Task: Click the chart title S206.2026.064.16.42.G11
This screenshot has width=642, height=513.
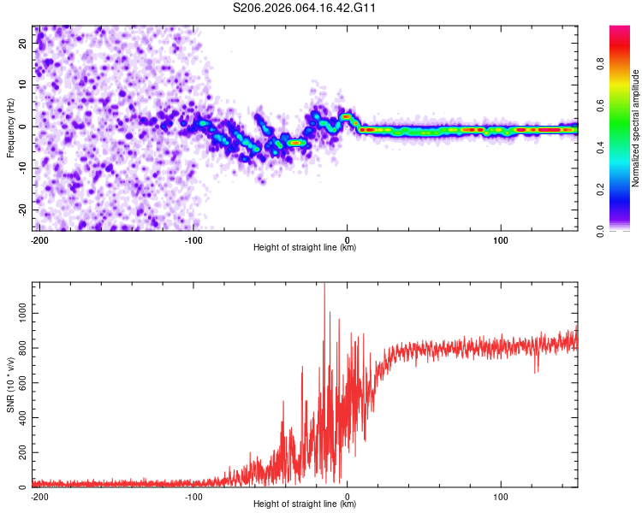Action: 306,9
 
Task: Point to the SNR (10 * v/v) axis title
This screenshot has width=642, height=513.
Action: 11,385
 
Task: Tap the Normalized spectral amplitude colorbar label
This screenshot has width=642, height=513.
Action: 635,128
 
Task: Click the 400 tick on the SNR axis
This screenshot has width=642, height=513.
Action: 21,418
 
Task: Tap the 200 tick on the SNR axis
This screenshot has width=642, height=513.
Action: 21,453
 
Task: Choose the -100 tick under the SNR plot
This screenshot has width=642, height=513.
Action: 193,496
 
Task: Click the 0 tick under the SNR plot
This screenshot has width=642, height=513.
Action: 347,496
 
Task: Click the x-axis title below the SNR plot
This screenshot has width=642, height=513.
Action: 305,504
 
